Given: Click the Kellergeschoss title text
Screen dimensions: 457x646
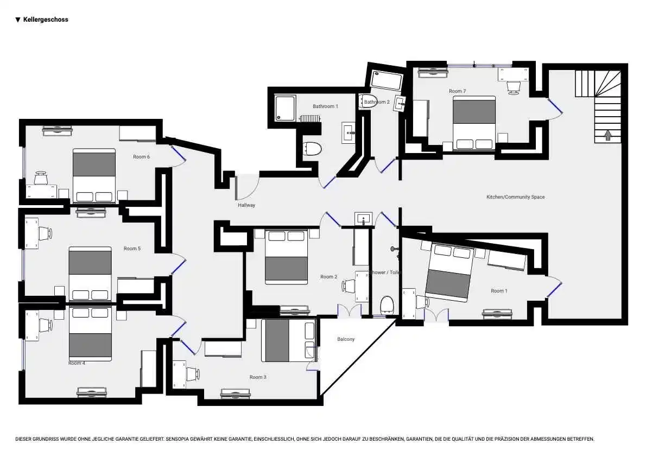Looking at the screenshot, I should pyautogui.click(x=46, y=20).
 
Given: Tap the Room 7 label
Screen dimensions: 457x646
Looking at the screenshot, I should pyautogui.click(x=457, y=91).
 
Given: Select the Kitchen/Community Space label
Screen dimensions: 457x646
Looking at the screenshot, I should pyautogui.click(x=515, y=197).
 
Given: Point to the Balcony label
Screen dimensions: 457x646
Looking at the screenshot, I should pyautogui.click(x=346, y=339).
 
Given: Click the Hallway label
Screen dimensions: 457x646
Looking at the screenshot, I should pyautogui.click(x=246, y=205).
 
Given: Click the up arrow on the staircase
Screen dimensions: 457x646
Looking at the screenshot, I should pyautogui.click(x=608, y=135).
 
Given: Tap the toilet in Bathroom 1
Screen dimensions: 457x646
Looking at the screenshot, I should pyautogui.click(x=312, y=148).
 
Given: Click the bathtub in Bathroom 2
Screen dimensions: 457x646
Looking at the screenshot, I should pyautogui.click(x=387, y=81).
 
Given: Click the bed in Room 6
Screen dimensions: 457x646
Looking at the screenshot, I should pyautogui.click(x=94, y=175).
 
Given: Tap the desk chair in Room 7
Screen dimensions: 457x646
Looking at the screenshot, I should pyautogui.click(x=513, y=87).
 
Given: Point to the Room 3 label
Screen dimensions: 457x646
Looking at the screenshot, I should pyautogui.click(x=258, y=377).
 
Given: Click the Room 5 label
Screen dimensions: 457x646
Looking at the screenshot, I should pyautogui.click(x=132, y=249).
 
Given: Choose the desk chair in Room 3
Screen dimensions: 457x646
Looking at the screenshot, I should pyautogui.click(x=193, y=374).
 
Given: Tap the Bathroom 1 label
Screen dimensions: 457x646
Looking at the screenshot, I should pyautogui.click(x=325, y=106).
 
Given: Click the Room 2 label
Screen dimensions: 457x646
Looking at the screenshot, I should pyautogui.click(x=328, y=277).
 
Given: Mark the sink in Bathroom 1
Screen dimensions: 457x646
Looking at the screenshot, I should pyautogui.click(x=348, y=132).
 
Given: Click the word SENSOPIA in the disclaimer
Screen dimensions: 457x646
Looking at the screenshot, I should pyautogui.click(x=182, y=439).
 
